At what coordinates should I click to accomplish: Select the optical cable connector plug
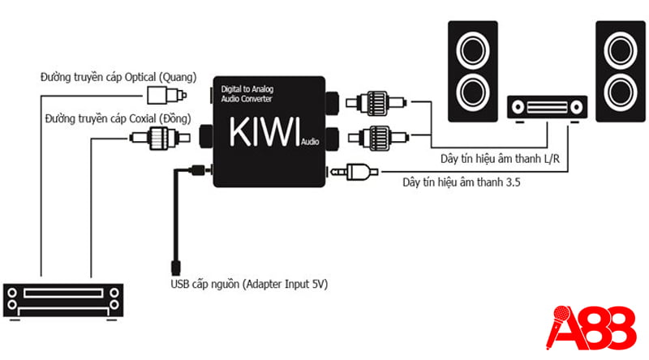[158, 97]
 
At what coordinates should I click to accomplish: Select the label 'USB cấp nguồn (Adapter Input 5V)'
[249, 285]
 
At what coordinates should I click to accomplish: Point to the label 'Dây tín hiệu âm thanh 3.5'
[462, 183]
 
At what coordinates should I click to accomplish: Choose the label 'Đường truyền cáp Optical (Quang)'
[118, 78]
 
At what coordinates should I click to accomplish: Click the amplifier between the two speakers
[546, 107]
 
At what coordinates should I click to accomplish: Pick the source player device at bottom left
[64, 300]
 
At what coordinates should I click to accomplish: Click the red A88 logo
[593, 326]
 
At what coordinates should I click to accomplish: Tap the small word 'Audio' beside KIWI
[309, 143]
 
